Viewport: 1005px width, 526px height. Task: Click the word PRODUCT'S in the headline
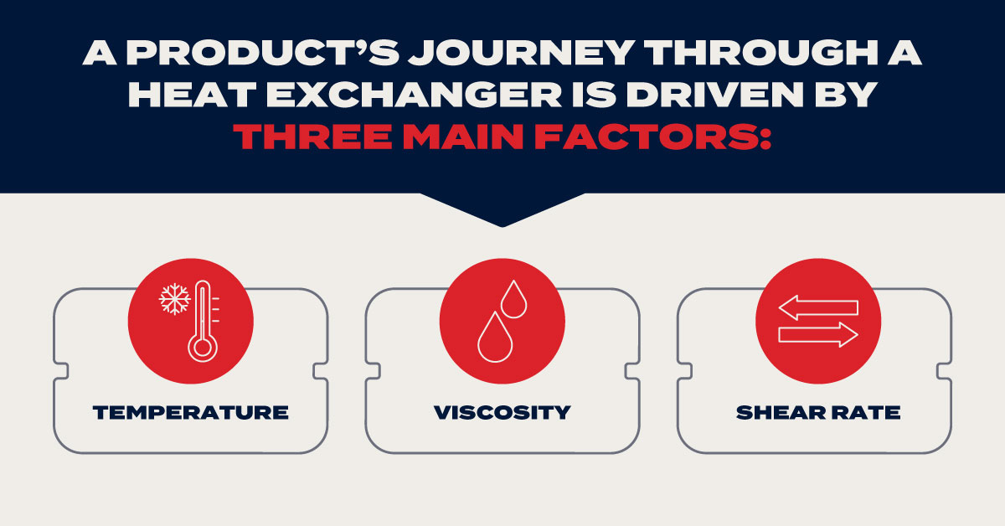263,53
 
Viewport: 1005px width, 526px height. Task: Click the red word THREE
312,137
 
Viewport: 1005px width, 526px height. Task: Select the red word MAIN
463,137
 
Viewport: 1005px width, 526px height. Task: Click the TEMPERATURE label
191,412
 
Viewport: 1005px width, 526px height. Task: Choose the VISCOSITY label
502,412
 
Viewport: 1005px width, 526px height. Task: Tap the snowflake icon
174,298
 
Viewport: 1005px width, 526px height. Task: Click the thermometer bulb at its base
203,347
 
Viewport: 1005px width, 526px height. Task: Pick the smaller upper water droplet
513,299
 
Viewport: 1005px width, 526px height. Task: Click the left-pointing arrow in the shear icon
818,308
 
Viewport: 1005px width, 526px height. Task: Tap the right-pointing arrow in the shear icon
818,335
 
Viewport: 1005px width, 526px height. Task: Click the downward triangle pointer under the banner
502,209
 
